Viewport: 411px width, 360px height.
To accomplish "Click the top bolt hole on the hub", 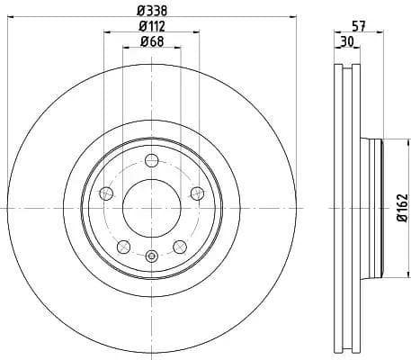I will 151,161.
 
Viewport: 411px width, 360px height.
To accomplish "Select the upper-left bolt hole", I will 106,193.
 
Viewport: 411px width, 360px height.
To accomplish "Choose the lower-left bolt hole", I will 123,245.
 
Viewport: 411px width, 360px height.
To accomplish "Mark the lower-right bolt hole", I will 179,245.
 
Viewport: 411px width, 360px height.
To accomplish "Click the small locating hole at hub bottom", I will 151,258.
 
